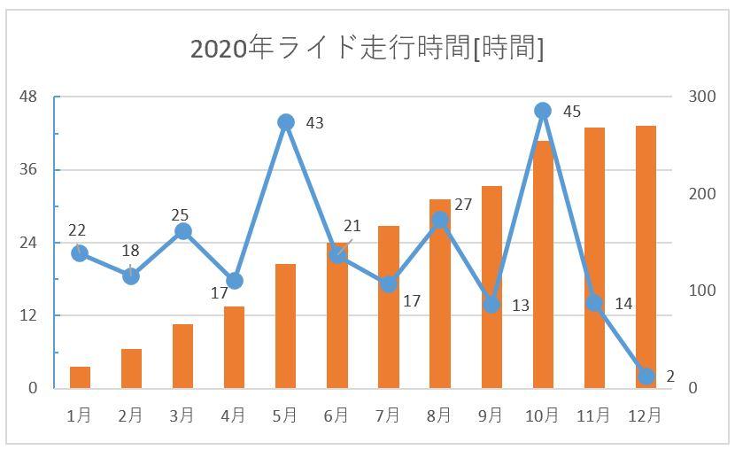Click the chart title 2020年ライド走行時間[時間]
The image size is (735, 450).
tap(367, 48)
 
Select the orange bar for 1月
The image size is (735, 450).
tap(80, 377)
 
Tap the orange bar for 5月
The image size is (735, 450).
tap(285, 326)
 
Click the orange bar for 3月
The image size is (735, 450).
tap(182, 356)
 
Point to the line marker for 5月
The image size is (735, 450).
tap(285, 122)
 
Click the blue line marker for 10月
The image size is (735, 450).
tap(543, 111)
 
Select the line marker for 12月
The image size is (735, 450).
tap(646, 376)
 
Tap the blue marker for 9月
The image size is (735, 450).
tap(491, 305)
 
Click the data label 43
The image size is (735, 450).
tap(314, 123)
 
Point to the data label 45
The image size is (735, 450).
tap(572, 112)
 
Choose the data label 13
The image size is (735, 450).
tap(520, 306)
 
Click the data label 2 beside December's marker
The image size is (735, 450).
tap(670, 376)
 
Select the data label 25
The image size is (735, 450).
tap(180, 215)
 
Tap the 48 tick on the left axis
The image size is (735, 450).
tap(28, 97)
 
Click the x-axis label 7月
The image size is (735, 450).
tap(388, 415)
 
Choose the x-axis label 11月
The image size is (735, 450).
tap(593, 415)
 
